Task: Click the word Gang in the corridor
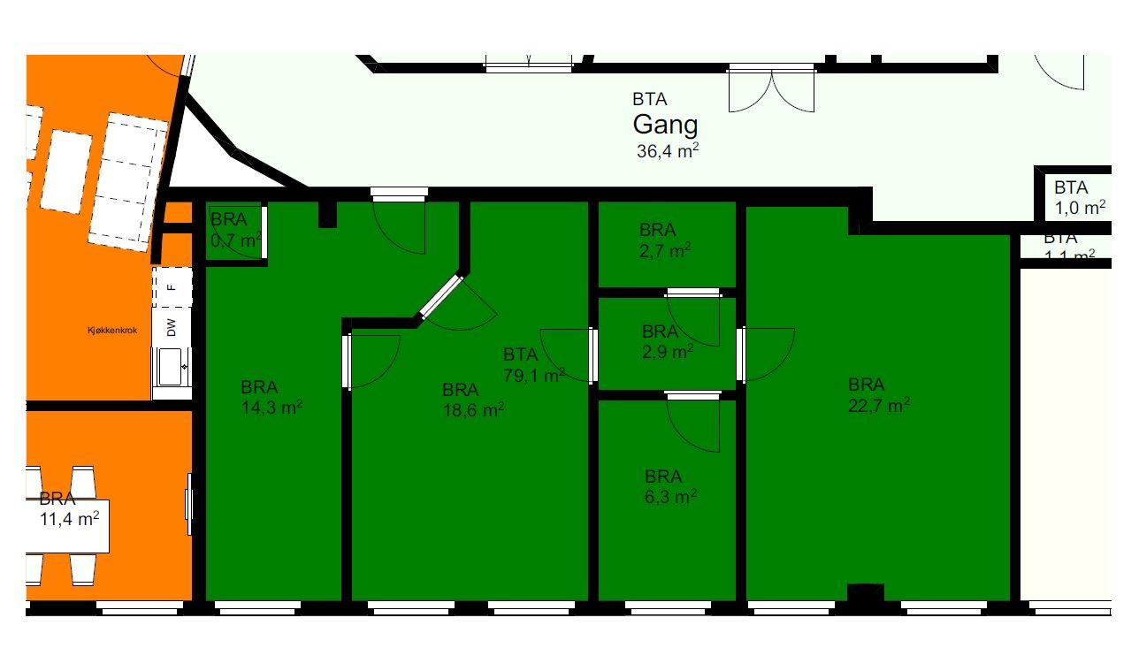(665, 125)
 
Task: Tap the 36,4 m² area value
(668, 150)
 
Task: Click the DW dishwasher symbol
(172, 328)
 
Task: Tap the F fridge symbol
(172, 286)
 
